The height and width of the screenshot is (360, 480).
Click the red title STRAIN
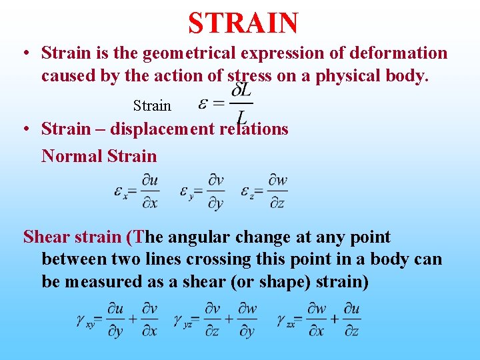(x=243, y=23)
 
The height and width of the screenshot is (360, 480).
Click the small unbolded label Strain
(x=152, y=105)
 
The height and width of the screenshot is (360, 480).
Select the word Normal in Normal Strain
(x=69, y=157)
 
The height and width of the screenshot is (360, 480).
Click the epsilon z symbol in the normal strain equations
(x=249, y=192)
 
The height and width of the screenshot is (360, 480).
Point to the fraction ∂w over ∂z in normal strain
(x=277, y=192)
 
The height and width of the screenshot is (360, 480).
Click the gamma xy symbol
(x=85, y=321)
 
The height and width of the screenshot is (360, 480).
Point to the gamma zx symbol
(x=286, y=321)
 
